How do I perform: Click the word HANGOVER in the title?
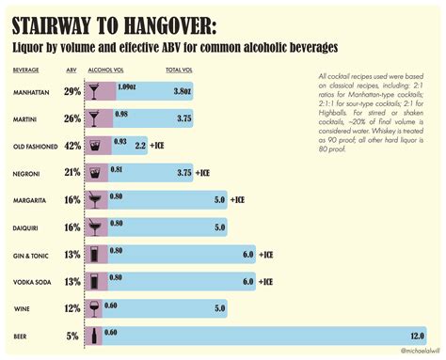point(166,23)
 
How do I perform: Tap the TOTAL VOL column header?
point(181,70)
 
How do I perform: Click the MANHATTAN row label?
point(33,91)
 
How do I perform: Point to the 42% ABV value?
point(72,146)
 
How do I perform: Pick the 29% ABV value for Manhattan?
point(72,91)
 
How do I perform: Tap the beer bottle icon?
point(94,336)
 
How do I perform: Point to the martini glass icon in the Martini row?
point(95,118)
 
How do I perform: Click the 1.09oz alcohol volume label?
point(128,86)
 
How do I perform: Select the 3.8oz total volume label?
point(183,91)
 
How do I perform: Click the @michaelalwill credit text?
point(419,352)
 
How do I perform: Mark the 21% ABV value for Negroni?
point(72,173)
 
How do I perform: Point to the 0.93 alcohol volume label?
point(120,141)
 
